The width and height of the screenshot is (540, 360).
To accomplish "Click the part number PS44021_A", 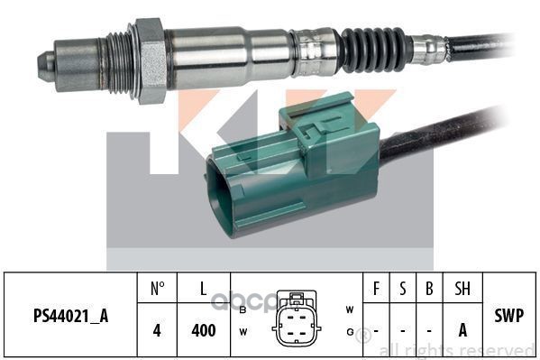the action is [x=70, y=316].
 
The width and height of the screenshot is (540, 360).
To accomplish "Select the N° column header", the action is [x=158, y=288].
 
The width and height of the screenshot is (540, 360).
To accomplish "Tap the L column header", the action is [x=204, y=288].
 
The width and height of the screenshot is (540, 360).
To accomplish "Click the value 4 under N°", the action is [x=157, y=330].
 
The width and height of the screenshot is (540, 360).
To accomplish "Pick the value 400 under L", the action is [x=204, y=330].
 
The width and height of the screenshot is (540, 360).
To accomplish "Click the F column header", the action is [x=376, y=288].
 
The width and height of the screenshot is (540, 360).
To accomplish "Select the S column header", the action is [x=403, y=288].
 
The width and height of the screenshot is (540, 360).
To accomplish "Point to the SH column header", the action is [x=462, y=288].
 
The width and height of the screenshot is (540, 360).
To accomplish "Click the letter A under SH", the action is [x=462, y=330].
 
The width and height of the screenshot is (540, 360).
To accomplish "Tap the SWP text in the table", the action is [x=509, y=315].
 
